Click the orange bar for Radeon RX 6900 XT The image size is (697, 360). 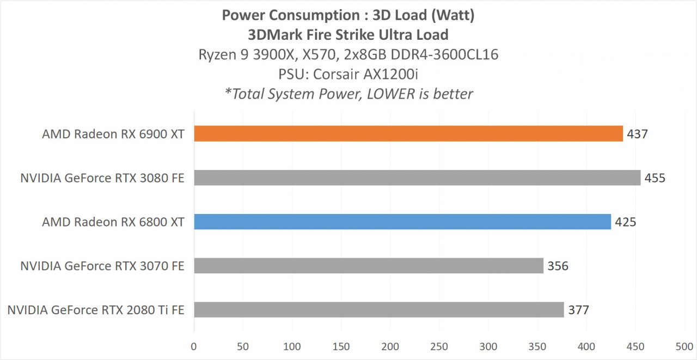tap(408, 133)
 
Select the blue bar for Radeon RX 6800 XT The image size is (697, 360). tap(402, 222)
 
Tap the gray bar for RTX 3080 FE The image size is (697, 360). tap(417, 178)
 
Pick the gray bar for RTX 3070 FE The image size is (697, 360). tap(369, 266)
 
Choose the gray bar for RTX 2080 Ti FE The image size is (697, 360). tap(379, 310)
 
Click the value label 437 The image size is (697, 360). tap(637, 134)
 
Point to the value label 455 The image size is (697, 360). tap(655, 178)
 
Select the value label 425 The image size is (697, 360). tap(626, 222)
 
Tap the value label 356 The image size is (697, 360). tap(558, 266)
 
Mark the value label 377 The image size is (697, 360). tap(578, 310)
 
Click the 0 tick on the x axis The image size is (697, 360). tap(194, 346)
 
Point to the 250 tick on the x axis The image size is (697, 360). tap(439, 346)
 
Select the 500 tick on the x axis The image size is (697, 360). tap(684, 346)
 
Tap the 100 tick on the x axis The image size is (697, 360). tap(292, 346)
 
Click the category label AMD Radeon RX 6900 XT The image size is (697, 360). tap(113, 134)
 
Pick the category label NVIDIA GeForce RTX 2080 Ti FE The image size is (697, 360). tap(96, 310)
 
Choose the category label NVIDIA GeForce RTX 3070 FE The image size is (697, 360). tap(102, 266)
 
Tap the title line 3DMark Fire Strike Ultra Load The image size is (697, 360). tap(348, 35)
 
